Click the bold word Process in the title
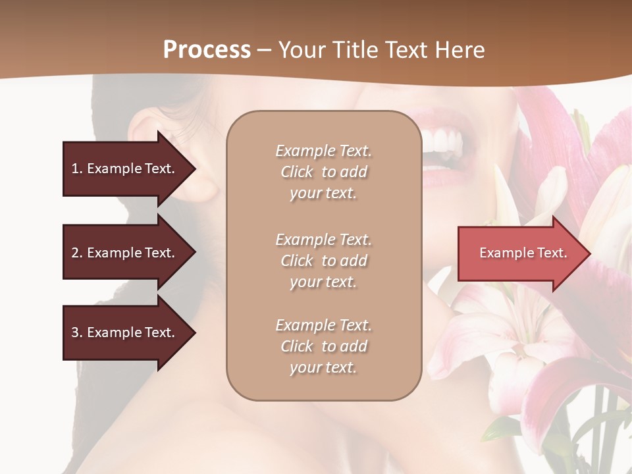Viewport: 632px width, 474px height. point(207,50)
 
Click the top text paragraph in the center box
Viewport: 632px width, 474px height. point(323,172)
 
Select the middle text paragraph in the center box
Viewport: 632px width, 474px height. point(323,261)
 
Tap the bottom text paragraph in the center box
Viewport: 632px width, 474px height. point(323,346)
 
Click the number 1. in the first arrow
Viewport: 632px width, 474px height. point(77,169)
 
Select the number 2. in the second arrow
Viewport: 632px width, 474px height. point(77,253)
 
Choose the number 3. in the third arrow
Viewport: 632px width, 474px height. point(77,332)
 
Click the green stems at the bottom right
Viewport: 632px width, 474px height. point(592,428)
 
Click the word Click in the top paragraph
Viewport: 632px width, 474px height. point(297,172)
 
